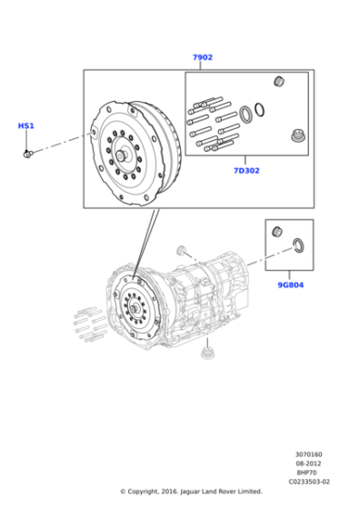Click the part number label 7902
(x=202, y=57)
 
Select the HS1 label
(x=26, y=126)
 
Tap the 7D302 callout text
(x=246, y=170)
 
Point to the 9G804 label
(x=290, y=284)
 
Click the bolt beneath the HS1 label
(x=28, y=152)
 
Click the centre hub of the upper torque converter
(x=121, y=155)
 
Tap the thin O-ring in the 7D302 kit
(x=260, y=110)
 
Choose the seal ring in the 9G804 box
(x=298, y=244)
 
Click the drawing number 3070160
(x=308, y=454)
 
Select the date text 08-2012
(x=308, y=464)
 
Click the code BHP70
(x=308, y=473)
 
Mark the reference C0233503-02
(x=308, y=482)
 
